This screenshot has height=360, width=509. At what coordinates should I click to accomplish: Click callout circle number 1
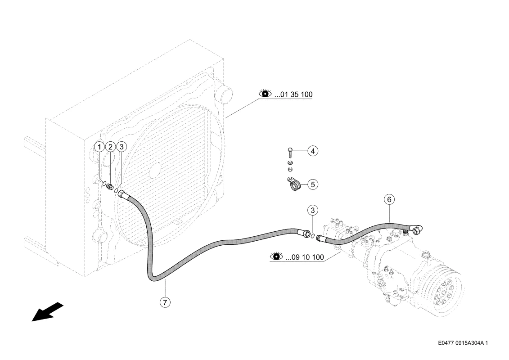click(x=99, y=147)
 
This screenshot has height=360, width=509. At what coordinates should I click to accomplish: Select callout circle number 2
click(x=110, y=147)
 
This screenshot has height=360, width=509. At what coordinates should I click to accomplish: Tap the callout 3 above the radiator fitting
click(x=122, y=147)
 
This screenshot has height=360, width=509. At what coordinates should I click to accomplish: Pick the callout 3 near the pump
click(x=313, y=210)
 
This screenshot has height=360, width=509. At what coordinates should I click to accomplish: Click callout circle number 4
click(x=313, y=151)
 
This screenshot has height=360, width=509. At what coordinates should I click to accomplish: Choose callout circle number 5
click(x=313, y=184)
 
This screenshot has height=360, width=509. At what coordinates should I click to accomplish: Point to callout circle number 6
click(x=389, y=199)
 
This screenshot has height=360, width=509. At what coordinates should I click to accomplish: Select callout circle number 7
click(x=165, y=302)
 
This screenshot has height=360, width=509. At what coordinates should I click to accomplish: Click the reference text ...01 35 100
click(x=293, y=95)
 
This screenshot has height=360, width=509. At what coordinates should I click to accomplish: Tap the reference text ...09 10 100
click(x=305, y=257)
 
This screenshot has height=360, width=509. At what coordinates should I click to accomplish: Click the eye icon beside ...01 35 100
click(x=265, y=94)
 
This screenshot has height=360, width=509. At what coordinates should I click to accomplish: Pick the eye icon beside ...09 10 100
click(x=277, y=256)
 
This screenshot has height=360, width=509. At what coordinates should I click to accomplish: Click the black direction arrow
click(x=47, y=312)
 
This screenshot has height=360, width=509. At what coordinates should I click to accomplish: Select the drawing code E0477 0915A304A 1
click(x=463, y=343)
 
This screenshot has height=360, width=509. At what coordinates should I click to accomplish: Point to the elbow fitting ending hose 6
click(x=416, y=229)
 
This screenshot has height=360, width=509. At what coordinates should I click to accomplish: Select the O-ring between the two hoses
click(x=312, y=236)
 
